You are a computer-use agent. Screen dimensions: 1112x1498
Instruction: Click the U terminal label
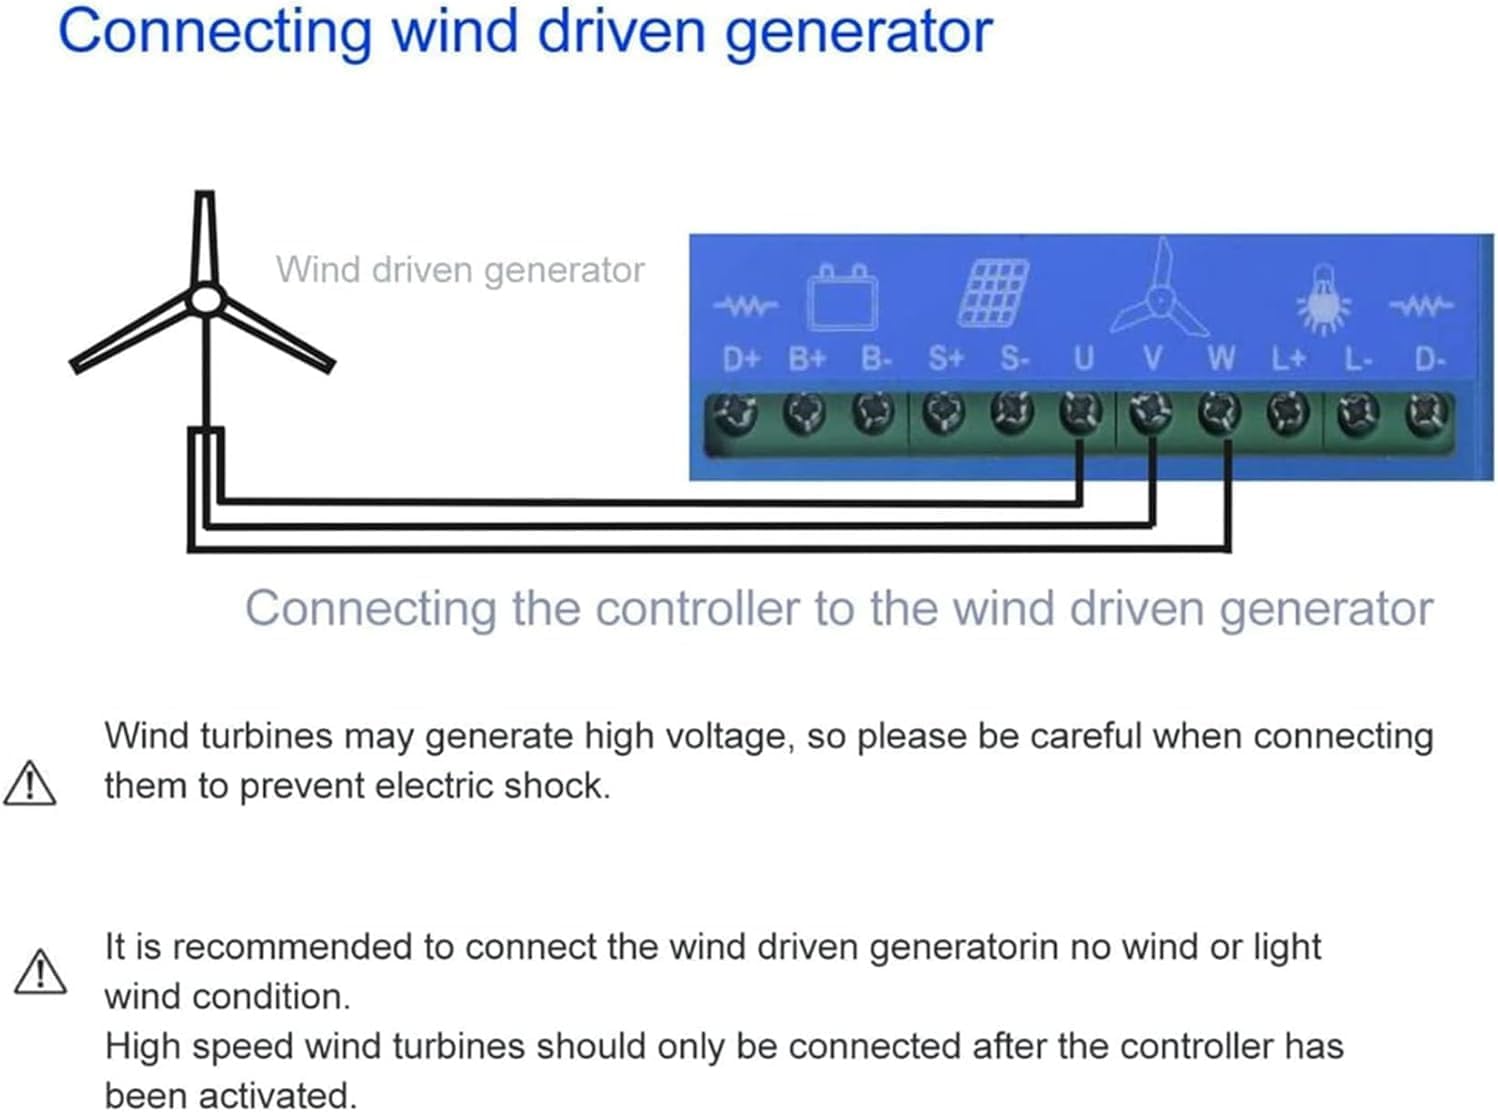tap(1083, 358)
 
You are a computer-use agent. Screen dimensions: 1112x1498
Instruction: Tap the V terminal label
tap(1152, 358)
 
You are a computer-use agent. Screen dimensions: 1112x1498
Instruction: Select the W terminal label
tap(1220, 358)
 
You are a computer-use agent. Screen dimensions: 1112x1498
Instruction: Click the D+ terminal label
tap(741, 358)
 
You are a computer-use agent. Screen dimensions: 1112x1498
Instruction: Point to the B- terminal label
tap(876, 358)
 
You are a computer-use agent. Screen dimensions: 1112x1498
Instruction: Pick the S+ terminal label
tap(945, 358)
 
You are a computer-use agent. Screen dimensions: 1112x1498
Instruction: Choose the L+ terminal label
tap(1288, 358)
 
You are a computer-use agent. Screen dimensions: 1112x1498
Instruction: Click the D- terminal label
tap(1430, 358)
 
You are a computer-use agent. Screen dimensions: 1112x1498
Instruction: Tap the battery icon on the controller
tap(843, 297)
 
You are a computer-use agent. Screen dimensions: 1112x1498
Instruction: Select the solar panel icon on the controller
tap(993, 293)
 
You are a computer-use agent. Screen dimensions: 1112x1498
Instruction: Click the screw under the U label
tap(1081, 411)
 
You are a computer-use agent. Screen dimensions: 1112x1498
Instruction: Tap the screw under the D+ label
tap(737, 413)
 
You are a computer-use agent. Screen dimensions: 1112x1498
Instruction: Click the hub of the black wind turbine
tap(205, 298)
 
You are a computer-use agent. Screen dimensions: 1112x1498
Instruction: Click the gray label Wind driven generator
tap(460, 270)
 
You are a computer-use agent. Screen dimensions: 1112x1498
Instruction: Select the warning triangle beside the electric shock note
tap(30, 783)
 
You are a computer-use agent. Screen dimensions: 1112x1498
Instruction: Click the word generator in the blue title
tap(857, 32)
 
